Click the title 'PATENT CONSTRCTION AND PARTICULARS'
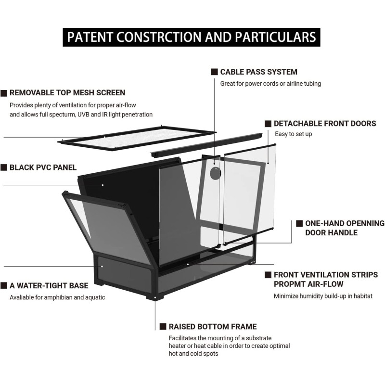point(192,37)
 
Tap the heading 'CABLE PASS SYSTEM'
point(258,72)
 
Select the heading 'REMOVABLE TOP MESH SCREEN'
point(67,92)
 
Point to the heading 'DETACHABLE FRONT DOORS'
point(325,124)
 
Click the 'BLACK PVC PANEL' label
point(43,167)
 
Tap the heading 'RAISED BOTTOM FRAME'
point(212,326)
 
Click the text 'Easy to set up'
point(293,134)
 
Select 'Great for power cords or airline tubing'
point(270,83)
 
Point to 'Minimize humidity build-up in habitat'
point(323,296)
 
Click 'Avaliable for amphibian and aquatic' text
point(57,297)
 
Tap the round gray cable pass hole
point(214,174)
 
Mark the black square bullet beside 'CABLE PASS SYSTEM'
point(214,72)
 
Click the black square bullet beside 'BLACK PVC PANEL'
point(4,167)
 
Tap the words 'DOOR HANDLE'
point(331,233)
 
